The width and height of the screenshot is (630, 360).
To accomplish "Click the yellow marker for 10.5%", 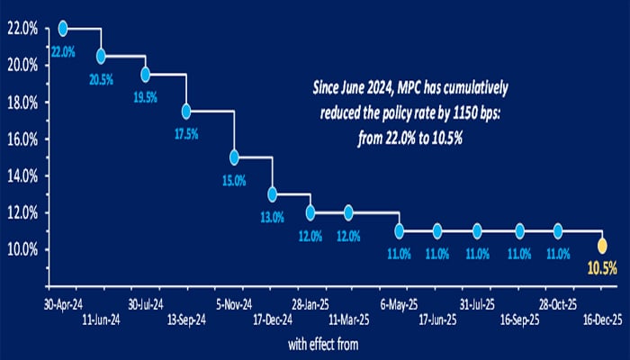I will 602,245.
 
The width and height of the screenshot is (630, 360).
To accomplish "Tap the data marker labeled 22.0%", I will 63,28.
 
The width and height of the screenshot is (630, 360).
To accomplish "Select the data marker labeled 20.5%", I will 101,56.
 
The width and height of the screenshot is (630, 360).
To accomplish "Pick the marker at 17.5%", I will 186,112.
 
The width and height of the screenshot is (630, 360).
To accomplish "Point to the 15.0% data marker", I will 234,157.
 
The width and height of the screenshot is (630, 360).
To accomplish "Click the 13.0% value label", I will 272,216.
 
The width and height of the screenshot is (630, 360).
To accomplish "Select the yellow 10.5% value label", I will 602,267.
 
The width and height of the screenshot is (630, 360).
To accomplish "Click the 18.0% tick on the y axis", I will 23,103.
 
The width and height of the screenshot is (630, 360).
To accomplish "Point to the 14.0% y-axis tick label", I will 23,175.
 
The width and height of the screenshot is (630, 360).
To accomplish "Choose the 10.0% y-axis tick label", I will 23,249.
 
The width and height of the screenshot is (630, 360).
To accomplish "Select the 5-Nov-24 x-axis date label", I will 232,302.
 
